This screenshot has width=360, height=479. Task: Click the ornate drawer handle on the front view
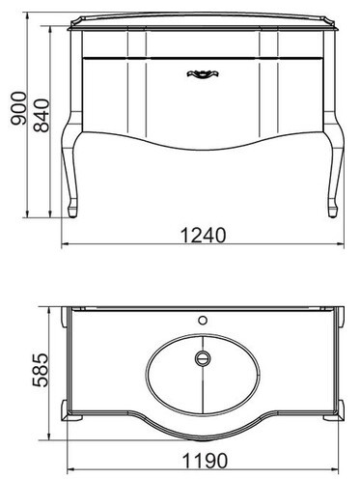pos(202,72)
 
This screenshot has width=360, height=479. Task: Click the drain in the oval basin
pos(202,358)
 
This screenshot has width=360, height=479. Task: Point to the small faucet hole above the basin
pos(203,318)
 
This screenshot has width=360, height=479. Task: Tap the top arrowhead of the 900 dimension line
pos(24,17)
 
